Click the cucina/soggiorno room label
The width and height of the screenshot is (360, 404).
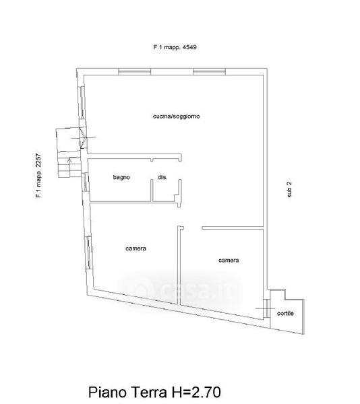pyautogui.click(x=176, y=116)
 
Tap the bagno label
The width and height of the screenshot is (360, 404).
pyautogui.click(x=121, y=177)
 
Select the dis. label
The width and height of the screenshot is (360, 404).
pyautogui.click(x=162, y=177)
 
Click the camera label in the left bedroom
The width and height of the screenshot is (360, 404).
pyautogui.click(x=136, y=248)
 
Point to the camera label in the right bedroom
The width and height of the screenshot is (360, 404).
pyautogui.click(x=229, y=260)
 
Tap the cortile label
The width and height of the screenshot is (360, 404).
pyautogui.click(x=285, y=313)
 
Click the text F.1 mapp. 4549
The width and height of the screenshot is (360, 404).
pyautogui.click(x=175, y=47)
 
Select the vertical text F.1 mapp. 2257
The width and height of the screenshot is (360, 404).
pyautogui.click(x=38, y=176)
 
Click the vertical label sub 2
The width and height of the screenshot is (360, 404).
pyautogui.click(x=289, y=189)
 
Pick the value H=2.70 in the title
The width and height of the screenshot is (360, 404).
pyautogui.click(x=196, y=392)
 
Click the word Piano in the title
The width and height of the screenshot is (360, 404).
pyautogui.click(x=108, y=392)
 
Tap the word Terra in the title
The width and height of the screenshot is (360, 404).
pyautogui.click(x=149, y=392)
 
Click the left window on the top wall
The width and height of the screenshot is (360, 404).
pyautogui.click(x=134, y=71)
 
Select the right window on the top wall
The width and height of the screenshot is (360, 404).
pyautogui.click(x=209, y=71)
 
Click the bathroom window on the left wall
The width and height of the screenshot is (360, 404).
pyautogui.click(x=85, y=182)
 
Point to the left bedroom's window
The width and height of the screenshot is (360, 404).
pyautogui.click(x=89, y=252)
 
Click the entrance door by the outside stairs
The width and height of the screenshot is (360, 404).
pyautogui.click(x=84, y=137)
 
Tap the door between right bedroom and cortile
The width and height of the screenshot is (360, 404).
pyautogui.click(x=267, y=308)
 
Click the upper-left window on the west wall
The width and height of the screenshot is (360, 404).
pyautogui.click(x=82, y=102)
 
